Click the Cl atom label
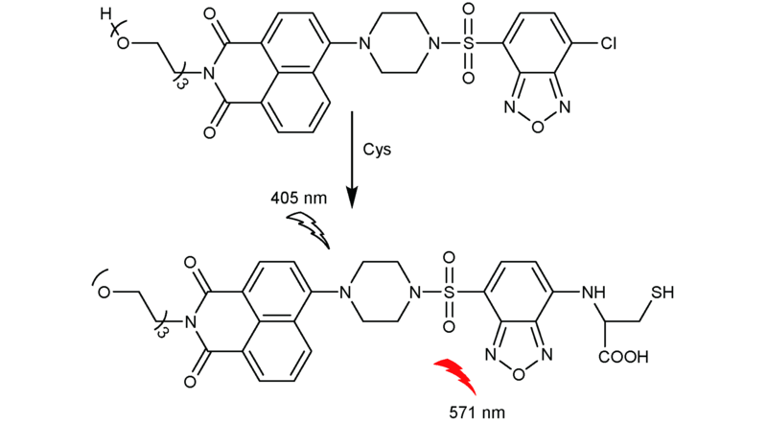pos(608,44)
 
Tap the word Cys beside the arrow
pos(377,149)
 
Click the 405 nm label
pos(298,198)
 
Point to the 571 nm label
pos(476,412)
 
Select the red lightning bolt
pos(455,374)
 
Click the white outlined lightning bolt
pos(309,229)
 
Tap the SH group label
pos(662,293)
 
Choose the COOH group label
pos(623,357)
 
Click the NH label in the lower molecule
pos(593,293)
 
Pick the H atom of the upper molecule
pos(105,13)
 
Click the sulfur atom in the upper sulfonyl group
pos(468,44)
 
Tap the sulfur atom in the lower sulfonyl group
pos(449,293)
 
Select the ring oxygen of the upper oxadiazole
pos(537,127)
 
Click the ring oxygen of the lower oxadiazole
pos(519,374)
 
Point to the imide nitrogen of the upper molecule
pos(209,74)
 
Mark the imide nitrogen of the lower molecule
pos(191,322)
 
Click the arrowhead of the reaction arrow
pos(352,199)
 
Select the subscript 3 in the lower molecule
pos(162,333)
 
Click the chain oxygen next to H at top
pos(123,44)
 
